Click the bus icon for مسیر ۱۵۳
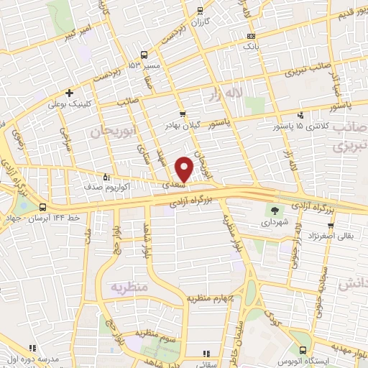pos(144,55)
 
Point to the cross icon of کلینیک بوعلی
pos(69,92)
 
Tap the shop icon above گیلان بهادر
pos(183,113)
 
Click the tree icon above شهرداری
pos(275,211)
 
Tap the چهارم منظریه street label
pos(211,298)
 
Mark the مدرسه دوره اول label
pos(32,358)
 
